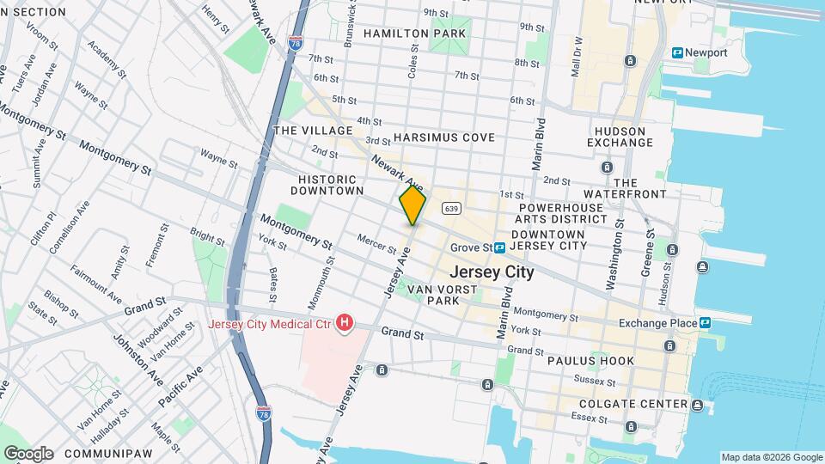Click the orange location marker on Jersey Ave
tap(412, 206)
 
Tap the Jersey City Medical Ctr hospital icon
tap(345, 324)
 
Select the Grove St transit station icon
tap(499, 247)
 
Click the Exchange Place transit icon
tap(705, 322)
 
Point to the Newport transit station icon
tap(678, 52)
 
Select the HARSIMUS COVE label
tap(444, 137)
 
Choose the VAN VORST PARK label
tap(443, 296)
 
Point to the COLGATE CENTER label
tap(633, 404)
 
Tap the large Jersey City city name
tap(491, 272)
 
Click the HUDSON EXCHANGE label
tap(620, 137)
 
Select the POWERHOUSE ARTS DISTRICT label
tap(563, 213)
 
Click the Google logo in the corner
tap(27, 453)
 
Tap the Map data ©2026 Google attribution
tap(771, 457)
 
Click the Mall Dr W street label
tap(577, 57)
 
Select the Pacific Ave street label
tap(180, 387)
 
